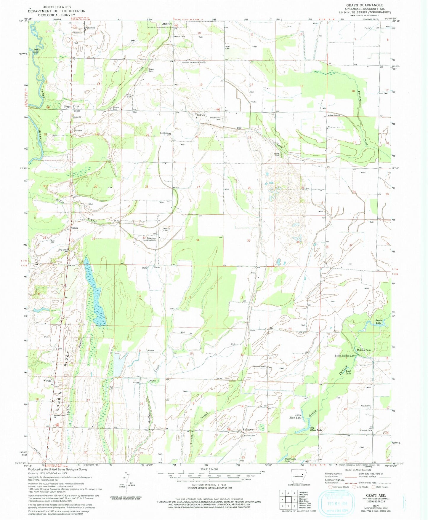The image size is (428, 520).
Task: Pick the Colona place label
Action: [75, 228]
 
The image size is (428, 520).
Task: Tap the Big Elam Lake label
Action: [316, 430]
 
